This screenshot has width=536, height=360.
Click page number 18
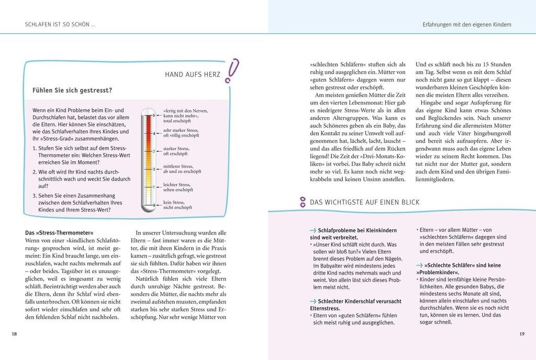(x=15, y=334)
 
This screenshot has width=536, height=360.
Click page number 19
(x=521, y=334)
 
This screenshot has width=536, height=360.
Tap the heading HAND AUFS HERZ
(x=193, y=75)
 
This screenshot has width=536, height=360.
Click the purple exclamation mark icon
(x=231, y=71)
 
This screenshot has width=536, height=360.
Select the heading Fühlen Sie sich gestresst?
(x=72, y=90)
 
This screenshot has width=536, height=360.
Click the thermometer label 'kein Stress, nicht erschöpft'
(x=177, y=205)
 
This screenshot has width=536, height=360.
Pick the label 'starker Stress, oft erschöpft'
(x=176, y=151)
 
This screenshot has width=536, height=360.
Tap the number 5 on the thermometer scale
(x=154, y=115)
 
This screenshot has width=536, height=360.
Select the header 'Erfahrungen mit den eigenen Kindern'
(x=467, y=25)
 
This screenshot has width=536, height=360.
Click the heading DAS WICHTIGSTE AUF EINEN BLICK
(x=365, y=202)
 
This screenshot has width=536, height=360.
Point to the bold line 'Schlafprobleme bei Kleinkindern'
(x=356, y=230)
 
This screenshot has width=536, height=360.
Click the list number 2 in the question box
(x=34, y=172)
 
